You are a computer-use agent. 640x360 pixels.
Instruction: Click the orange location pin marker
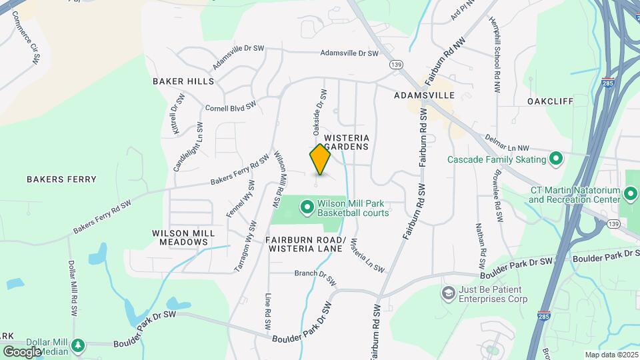pyautogui.click(x=320, y=160)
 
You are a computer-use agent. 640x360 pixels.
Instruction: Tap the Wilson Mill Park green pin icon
pyautogui.click(x=307, y=208)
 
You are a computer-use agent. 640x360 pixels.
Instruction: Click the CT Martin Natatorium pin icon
pyautogui.click(x=631, y=195)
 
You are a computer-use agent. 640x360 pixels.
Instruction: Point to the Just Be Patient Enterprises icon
pyautogui.click(x=449, y=293)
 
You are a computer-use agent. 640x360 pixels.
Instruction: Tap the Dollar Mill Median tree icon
pyautogui.click(x=79, y=345)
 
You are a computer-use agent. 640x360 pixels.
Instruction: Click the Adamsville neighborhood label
pyautogui.click(x=424, y=95)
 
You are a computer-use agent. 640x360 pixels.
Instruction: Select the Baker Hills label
pyautogui.click(x=183, y=81)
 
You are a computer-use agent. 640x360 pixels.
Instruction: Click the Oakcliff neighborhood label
pyautogui.click(x=550, y=101)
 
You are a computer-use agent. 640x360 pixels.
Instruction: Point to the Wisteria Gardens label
pyautogui.click(x=347, y=141)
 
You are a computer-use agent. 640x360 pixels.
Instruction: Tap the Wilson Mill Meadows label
pyautogui.click(x=183, y=237)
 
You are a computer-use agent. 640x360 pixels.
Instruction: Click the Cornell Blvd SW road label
pyautogui.click(x=231, y=107)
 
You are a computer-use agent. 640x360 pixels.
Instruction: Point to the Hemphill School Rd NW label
pyautogui.click(x=497, y=47)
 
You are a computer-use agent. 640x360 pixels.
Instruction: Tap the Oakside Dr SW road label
pyautogui.click(x=317, y=109)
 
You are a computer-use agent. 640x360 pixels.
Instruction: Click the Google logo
pyautogui.click(x=22, y=352)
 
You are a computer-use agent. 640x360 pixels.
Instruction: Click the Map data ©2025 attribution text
pyautogui.click(x=611, y=355)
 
